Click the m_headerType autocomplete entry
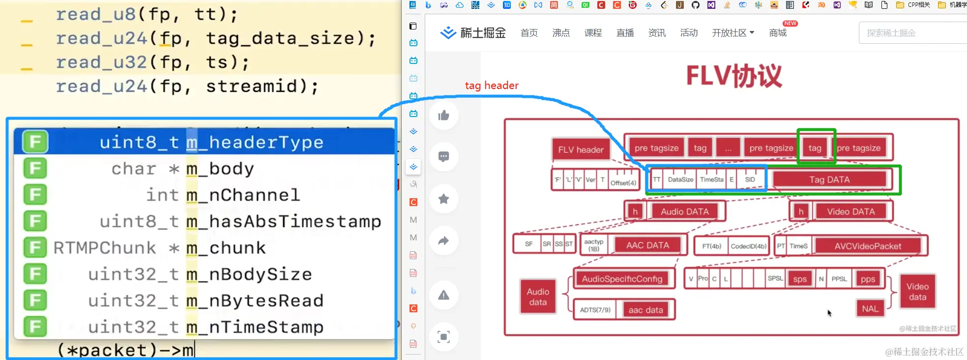coord(211,142)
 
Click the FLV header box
coord(581,150)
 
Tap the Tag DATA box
coord(829,180)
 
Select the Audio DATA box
coord(684,211)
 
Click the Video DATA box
coord(850,211)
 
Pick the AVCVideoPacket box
coord(868,246)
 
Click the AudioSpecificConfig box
coord(622,279)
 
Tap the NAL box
coord(870,309)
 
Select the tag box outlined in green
coord(815,148)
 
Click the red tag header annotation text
coord(492,86)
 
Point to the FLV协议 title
coord(733,76)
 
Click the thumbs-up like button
coord(444,116)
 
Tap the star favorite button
coord(444,199)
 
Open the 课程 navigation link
coord(593,33)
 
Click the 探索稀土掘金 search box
coord(909,33)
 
